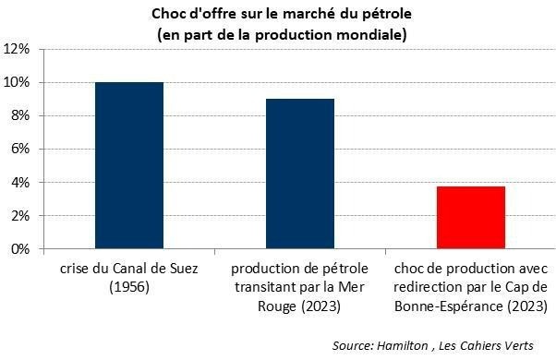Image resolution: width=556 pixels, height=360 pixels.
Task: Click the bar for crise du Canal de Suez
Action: (x=129, y=165)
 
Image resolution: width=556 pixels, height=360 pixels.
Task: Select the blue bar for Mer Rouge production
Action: (x=300, y=174)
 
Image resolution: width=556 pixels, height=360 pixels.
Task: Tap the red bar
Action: (x=471, y=217)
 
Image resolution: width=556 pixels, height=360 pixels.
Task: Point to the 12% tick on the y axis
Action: (x=19, y=49)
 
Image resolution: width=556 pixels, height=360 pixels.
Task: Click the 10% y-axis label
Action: (x=19, y=82)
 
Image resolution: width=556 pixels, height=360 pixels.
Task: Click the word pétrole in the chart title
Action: (x=382, y=15)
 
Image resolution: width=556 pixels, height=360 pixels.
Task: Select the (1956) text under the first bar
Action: (x=129, y=287)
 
